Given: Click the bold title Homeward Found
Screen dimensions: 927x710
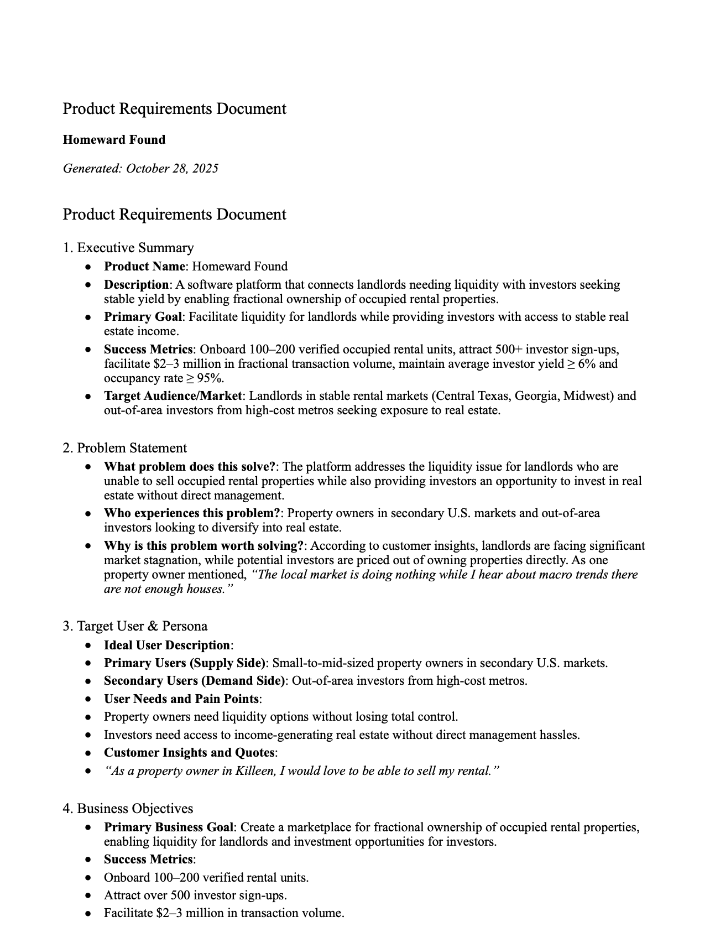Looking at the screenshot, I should (114, 139).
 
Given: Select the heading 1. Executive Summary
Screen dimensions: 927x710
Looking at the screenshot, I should (128, 247).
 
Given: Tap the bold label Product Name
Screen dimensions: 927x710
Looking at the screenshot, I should (144, 267).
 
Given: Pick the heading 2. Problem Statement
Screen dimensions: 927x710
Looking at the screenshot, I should (124, 447).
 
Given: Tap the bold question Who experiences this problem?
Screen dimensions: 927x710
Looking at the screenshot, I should (192, 513).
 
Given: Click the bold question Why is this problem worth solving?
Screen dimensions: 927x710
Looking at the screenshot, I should (203, 546).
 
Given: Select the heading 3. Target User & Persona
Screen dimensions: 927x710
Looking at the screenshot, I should (135, 626).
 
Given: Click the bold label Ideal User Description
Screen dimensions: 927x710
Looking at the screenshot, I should (167, 645).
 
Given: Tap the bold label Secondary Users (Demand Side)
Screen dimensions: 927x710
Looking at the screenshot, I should (194, 681).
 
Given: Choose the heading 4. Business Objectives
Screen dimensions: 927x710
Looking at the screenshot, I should (128, 808).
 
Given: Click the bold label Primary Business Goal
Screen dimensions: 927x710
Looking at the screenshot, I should (169, 827).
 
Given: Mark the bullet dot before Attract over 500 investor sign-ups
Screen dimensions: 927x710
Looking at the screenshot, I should (88, 895).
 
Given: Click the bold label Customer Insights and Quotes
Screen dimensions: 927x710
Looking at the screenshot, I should (189, 753).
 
